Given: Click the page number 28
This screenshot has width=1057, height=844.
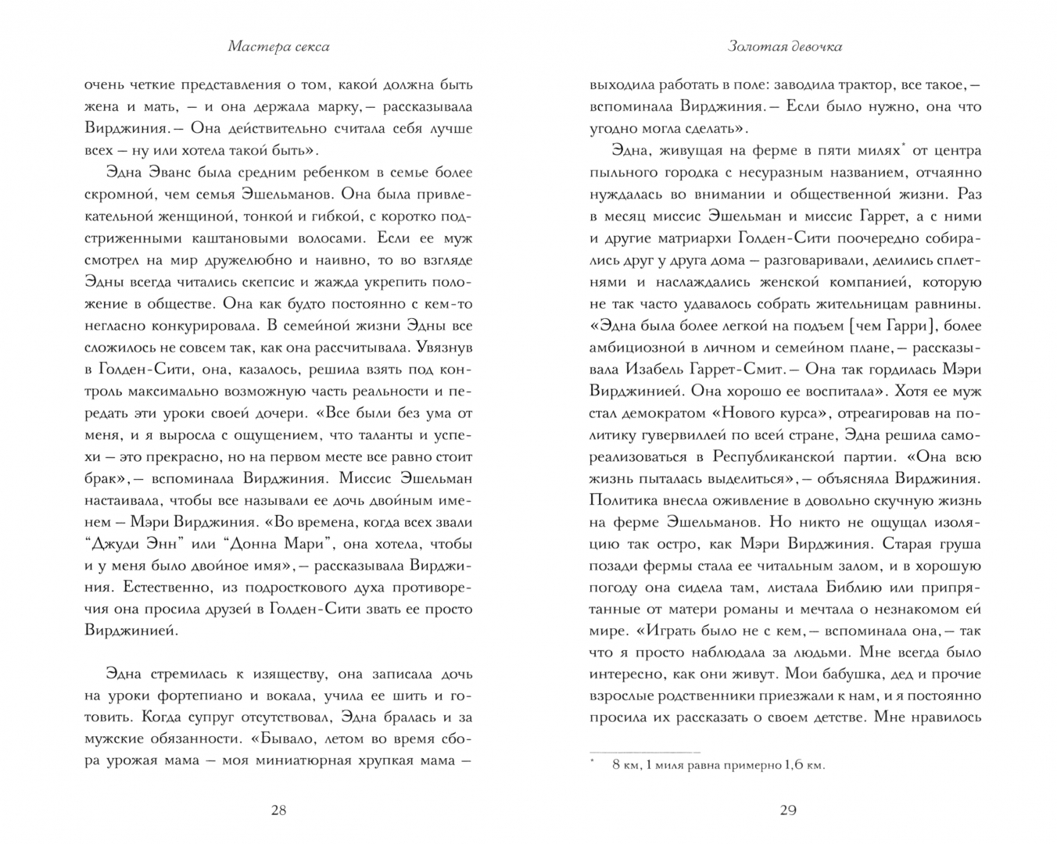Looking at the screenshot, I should (278, 810).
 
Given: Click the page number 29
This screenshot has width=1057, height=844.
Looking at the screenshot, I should (787, 810).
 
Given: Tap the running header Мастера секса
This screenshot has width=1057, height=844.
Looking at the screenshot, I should (278, 47).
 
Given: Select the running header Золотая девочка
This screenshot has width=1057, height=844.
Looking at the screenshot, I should (785, 47).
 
